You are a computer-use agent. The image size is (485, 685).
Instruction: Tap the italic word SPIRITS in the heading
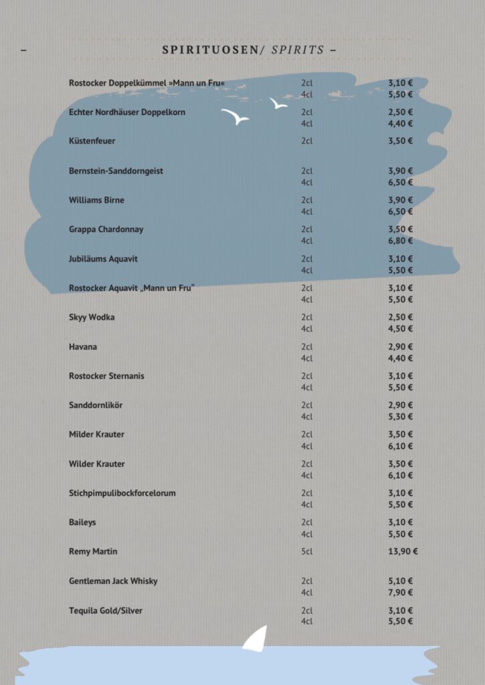pos(298,50)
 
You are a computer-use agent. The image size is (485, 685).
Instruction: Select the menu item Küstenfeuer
pos(92,141)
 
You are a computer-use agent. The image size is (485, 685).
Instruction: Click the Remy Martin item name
pos(93,552)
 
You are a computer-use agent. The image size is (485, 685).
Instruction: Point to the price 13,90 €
pos(403,552)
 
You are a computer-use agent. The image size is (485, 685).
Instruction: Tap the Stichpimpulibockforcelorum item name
pos(122,493)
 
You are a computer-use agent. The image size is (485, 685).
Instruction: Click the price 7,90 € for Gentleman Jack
pos(401,593)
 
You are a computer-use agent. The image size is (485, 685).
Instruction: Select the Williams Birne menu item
pos(96,200)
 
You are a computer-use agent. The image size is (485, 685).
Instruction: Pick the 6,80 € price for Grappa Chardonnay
pos(401,241)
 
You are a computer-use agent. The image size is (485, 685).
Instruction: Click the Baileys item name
pos(83,522)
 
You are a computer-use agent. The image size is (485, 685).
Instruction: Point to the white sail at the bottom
pos(256,638)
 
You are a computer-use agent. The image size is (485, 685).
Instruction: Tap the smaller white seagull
pos(278,104)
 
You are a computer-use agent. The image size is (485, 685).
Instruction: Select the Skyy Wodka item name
pos(92,317)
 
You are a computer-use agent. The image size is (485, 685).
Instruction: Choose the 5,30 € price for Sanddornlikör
pos(401,417)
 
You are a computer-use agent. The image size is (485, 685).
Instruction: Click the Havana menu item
pos(83,347)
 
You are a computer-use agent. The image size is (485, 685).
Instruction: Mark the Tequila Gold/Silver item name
pos(106,611)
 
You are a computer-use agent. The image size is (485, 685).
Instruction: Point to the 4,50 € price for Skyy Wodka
pos(401,328)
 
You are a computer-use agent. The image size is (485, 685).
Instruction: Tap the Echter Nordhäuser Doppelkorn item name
pos(127,112)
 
